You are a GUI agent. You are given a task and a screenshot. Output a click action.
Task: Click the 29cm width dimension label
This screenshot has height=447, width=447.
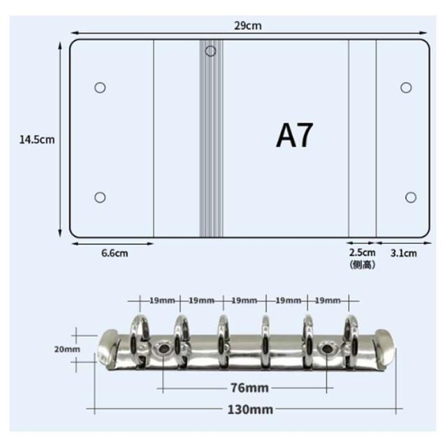(x=248, y=26)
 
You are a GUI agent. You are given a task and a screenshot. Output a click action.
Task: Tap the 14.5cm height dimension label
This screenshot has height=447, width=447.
(x=37, y=140)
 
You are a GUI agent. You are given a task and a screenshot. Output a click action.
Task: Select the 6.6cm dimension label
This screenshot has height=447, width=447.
(x=115, y=253)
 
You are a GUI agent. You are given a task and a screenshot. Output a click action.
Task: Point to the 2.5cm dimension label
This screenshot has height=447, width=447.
(x=362, y=253)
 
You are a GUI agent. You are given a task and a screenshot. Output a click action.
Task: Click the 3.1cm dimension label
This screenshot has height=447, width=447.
(x=404, y=253)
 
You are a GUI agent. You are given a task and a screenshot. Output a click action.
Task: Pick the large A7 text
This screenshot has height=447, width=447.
(x=295, y=135)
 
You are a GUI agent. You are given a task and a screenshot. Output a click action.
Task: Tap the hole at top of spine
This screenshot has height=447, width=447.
(x=211, y=51)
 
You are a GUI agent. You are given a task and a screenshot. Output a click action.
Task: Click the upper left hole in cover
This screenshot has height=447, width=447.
(x=100, y=87)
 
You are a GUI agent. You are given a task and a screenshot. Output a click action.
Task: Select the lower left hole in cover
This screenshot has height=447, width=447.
(x=100, y=197)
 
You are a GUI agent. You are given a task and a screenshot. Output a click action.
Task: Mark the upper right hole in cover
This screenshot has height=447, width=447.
(x=406, y=87)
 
